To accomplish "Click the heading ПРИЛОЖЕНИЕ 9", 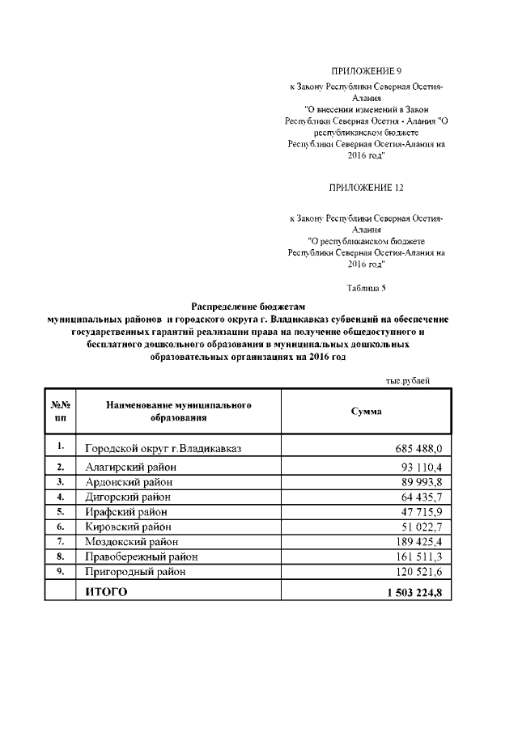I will click(x=367, y=72).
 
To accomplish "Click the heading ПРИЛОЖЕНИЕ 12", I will click(x=367, y=187).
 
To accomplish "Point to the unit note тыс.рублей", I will click(x=406, y=380).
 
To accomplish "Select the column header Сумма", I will click(x=366, y=411).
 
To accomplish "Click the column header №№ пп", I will click(x=61, y=411).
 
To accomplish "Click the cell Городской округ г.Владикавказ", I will click(x=163, y=448).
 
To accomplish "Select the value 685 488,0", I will click(x=415, y=448).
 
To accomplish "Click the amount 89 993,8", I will click(x=419, y=482).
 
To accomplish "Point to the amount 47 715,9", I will click(x=419, y=512).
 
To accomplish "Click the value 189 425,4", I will click(x=416, y=541).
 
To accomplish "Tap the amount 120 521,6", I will click(x=416, y=571).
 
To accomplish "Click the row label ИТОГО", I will click(x=107, y=592).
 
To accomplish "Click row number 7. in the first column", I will click(x=61, y=541).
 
